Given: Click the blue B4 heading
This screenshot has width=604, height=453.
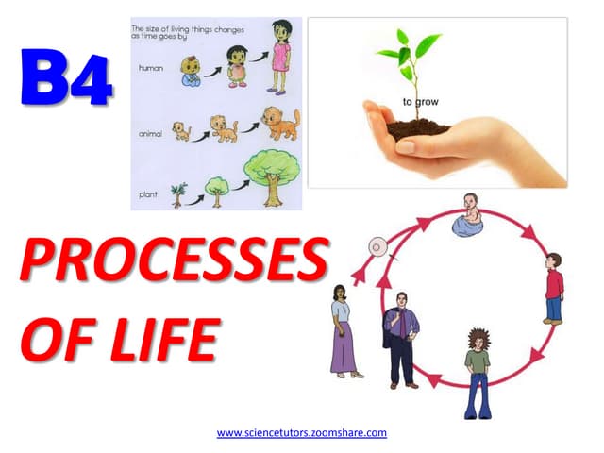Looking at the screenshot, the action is click(66, 76).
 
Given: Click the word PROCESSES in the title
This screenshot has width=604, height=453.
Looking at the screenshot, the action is click(175, 260).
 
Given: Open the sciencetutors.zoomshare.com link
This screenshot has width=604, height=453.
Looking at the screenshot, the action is click(302, 432).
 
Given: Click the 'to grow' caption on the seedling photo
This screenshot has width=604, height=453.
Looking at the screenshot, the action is click(421, 102).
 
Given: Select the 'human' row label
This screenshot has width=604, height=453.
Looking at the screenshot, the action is click(151, 68).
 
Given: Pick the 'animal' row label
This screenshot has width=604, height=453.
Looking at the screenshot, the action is click(150, 134).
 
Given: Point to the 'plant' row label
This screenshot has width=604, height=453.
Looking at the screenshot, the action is click(148, 194).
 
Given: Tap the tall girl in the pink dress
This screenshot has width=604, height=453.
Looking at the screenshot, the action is click(280, 57).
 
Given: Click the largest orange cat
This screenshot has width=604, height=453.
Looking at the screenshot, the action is click(281, 124).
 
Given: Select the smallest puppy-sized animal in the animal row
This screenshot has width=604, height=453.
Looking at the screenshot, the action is click(181, 131).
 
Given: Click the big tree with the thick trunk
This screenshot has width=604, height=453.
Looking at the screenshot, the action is click(273, 178).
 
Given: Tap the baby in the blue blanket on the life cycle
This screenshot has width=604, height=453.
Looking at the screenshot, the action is click(468, 215).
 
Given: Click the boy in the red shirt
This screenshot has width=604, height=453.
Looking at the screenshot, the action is click(554, 289).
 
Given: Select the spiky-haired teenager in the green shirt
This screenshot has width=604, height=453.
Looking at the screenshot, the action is click(478, 374).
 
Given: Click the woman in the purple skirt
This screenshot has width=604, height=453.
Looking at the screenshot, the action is click(344, 331).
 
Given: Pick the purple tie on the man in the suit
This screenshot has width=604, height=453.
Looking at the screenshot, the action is click(403, 325).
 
